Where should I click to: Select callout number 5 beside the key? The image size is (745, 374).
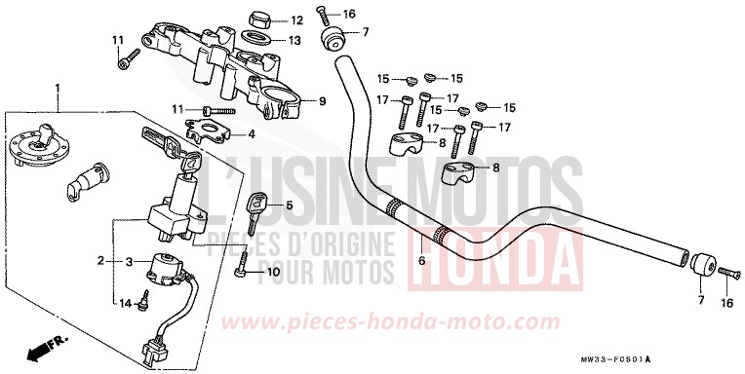pos(289,206)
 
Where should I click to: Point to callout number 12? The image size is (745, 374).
pos(296,19)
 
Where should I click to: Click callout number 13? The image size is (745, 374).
pos(296,40)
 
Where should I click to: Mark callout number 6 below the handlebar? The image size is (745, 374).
pos(422,261)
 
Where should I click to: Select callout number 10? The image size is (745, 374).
pos(274,272)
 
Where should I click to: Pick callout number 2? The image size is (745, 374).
pos(100,261)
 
